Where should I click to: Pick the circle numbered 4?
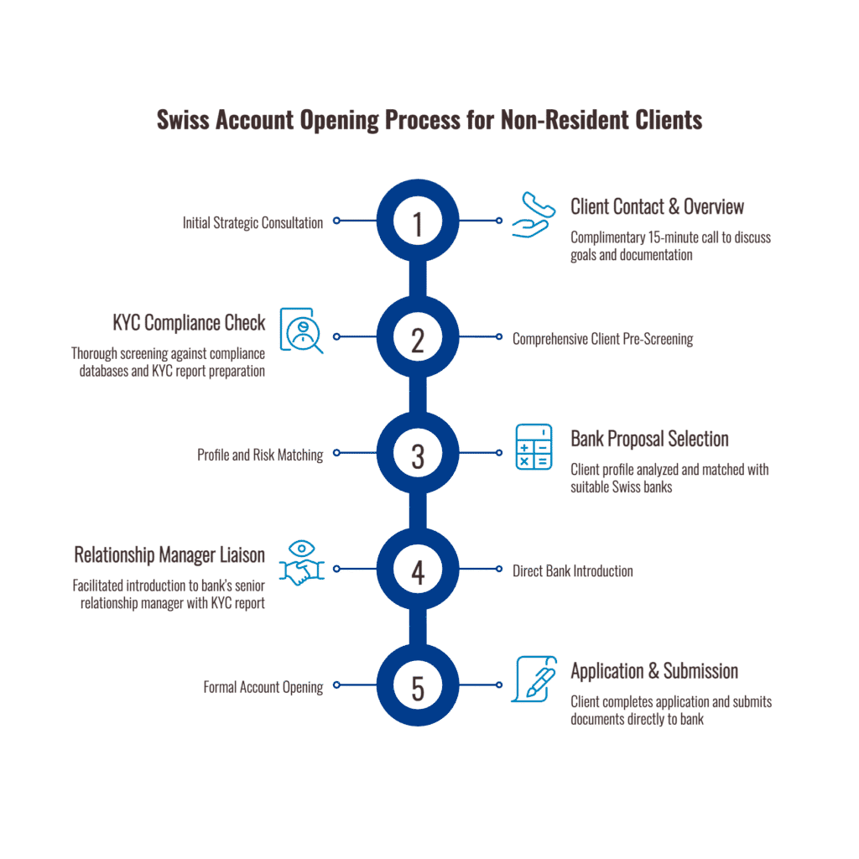tap(417, 570)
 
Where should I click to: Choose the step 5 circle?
tap(417, 687)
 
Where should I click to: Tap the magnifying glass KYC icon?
tap(300, 331)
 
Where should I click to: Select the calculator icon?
tap(534, 446)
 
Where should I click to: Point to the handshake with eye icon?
tap(300, 563)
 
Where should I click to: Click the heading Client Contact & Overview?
tap(657, 207)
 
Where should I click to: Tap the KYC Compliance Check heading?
tap(189, 323)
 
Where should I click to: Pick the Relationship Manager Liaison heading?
tap(169, 555)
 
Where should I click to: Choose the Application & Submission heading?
tap(654, 672)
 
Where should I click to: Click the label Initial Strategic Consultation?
tap(252, 223)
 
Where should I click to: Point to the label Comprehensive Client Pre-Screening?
tap(602, 340)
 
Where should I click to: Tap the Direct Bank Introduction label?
tap(573, 571)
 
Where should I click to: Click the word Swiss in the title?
tap(183, 121)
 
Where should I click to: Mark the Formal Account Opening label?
tap(263, 688)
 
